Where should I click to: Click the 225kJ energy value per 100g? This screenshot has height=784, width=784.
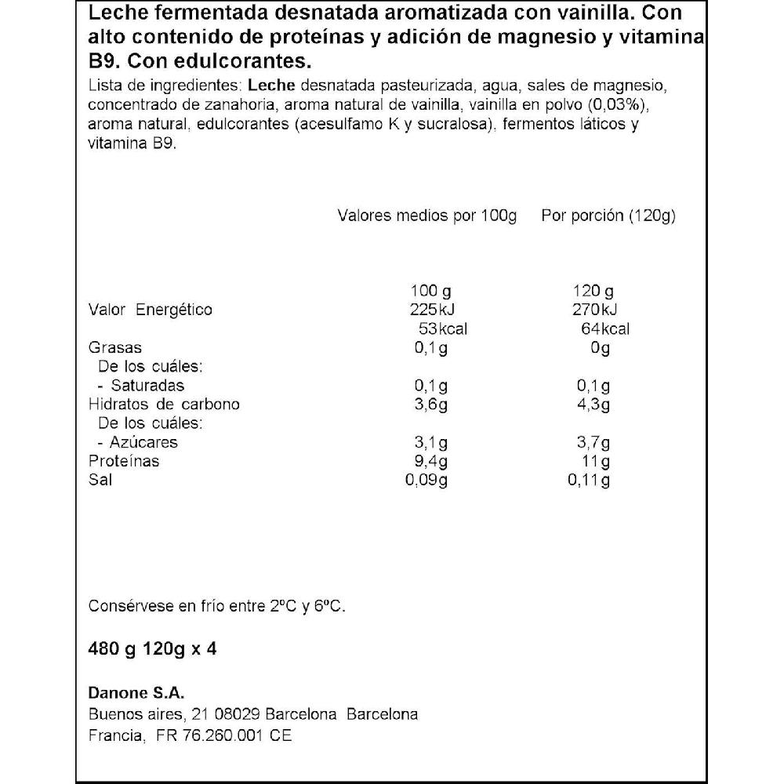click(432, 310)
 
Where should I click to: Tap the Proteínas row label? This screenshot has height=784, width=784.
click(124, 461)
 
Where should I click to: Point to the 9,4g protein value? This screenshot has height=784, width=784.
click(431, 461)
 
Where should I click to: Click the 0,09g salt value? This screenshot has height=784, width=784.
click(427, 480)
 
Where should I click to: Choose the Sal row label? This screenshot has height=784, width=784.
click(100, 480)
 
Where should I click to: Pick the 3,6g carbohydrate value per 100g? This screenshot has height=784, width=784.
click(431, 405)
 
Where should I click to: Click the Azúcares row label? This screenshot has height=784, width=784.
click(144, 442)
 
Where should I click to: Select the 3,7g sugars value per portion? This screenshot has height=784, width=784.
click(593, 442)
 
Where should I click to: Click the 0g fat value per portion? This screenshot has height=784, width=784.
click(600, 347)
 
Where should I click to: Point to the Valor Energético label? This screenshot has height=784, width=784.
click(151, 310)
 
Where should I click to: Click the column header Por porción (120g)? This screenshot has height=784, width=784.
click(608, 216)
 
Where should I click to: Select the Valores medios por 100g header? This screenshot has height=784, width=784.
click(427, 216)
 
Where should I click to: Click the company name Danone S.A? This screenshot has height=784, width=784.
click(136, 693)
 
